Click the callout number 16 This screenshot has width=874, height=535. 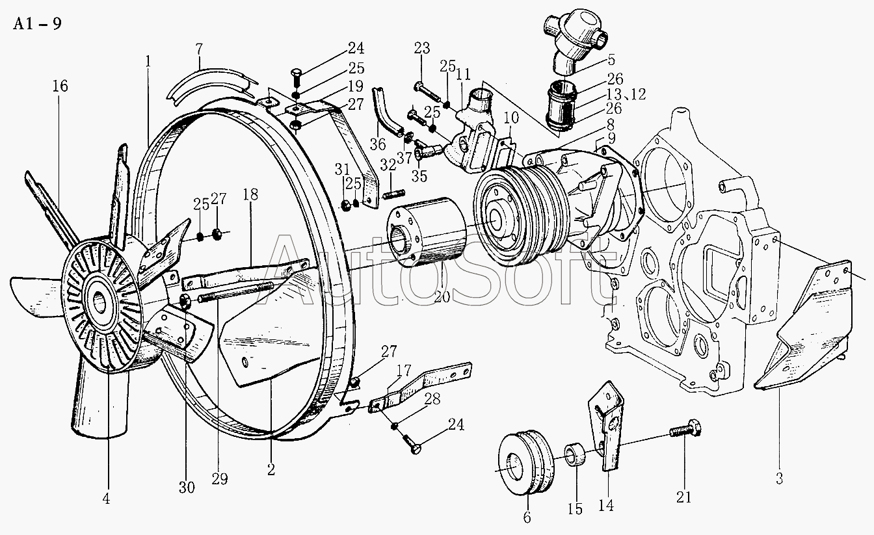coord(60,86)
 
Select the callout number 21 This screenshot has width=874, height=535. coord(684,498)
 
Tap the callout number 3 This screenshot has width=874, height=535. coord(779,480)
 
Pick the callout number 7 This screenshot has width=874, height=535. coord(200,49)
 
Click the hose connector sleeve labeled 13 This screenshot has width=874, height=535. coord(561,108)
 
